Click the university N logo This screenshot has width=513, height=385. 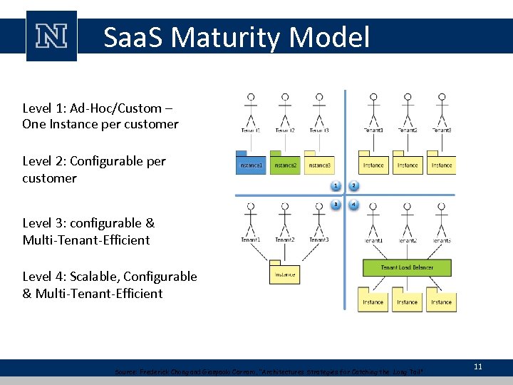pyautogui.click(x=51, y=36)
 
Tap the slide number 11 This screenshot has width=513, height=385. pyautogui.click(x=478, y=366)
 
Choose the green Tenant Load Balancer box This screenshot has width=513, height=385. pyautogui.click(x=407, y=267)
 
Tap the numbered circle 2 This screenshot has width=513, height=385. pyautogui.click(x=354, y=186)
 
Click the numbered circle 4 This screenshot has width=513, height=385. pyautogui.click(x=354, y=205)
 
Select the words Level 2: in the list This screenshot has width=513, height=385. pyautogui.click(x=44, y=161)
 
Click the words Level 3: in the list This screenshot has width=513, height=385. pyautogui.click(x=44, y=223)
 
